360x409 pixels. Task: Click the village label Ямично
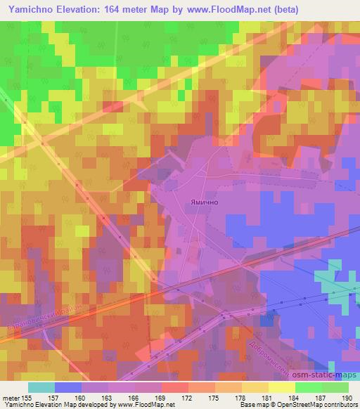coord(205,201)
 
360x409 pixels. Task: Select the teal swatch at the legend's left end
coord(42,387)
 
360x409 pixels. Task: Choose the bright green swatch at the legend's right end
coord(335,387)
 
